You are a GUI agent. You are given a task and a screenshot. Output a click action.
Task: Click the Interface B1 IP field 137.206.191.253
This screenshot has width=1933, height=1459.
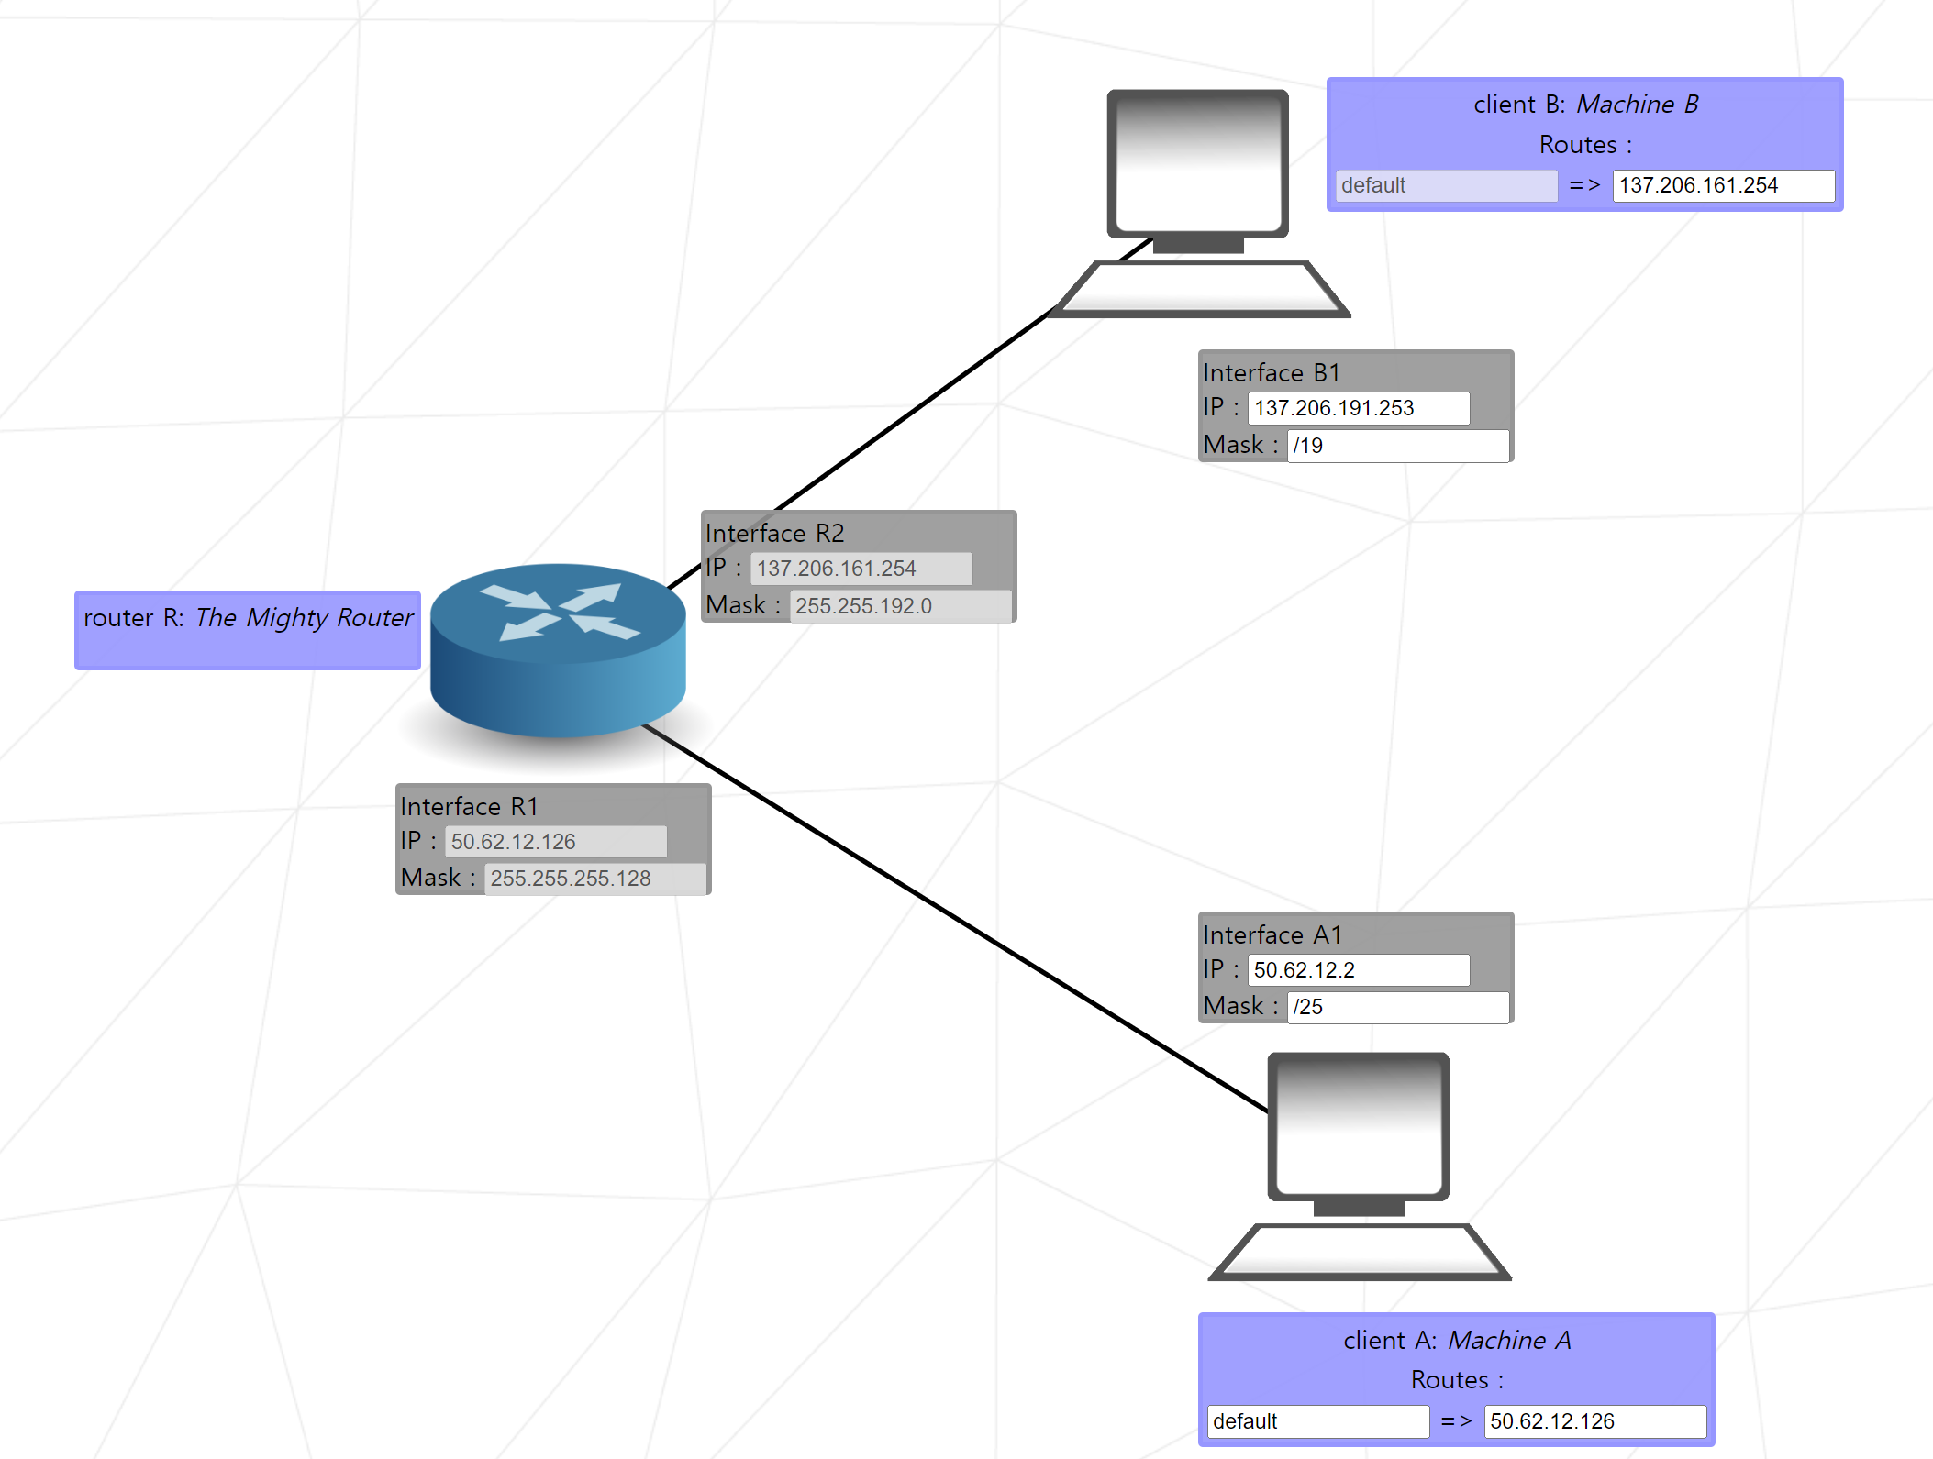pyautogui.click(x=1358, y=408)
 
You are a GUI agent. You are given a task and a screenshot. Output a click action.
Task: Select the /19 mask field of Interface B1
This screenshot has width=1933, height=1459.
pyautogui.click(x=1397, y=446)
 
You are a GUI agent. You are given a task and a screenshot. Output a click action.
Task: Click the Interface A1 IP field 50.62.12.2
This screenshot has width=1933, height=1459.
pyautogui.click(x=1358, y=970)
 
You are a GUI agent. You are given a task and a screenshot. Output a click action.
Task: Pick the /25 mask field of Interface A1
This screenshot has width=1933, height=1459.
pyautogui.click(x=1397, y=1007)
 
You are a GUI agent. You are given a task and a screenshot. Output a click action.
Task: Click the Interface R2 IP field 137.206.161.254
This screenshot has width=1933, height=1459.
pyautogui.click(x=861, y=569)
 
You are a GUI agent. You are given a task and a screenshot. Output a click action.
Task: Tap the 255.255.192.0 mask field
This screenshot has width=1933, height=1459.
pyautogui.click(x=900, y=606)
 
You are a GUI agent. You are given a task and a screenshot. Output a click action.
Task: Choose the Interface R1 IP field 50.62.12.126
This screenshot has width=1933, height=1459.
pyautogui.click(x=555, y=842)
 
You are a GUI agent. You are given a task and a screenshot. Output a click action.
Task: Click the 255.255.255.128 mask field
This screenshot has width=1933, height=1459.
pyautogui.click(x=594, y=879)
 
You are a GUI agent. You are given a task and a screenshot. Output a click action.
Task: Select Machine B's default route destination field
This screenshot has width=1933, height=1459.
pyautogui.click(x=1446, y=185)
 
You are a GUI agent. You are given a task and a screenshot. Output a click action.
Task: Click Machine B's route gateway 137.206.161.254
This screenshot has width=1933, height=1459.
pyautogui.click(x=1723, y=185)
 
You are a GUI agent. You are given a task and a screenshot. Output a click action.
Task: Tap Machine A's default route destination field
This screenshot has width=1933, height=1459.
pyautogui.click(x=1317, y=1421)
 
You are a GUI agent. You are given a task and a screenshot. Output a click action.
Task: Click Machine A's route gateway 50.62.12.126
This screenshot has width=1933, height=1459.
pyautogui.click(x=1594, y=1421)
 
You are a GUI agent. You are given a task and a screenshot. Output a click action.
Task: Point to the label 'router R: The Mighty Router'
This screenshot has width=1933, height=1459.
pyautogui.click(x=248, y=618)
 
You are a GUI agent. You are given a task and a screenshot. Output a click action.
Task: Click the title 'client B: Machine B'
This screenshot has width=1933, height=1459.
pyautogui.click(x=1585, y=105)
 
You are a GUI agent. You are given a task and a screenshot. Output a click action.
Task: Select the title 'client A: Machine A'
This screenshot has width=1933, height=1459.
pyautogui.click(x=1457, y=1341)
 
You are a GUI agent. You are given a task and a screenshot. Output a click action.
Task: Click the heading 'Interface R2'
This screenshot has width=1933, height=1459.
pyautogui.click(x=774, y=534)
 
